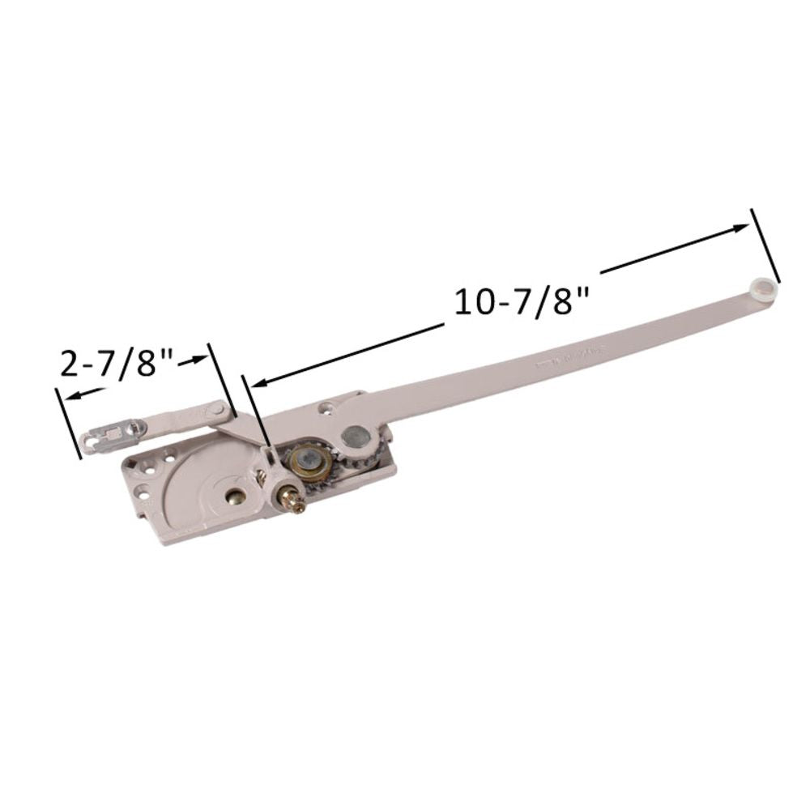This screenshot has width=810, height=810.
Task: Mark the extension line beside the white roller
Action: pyautogui.click(x=766, y=243)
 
